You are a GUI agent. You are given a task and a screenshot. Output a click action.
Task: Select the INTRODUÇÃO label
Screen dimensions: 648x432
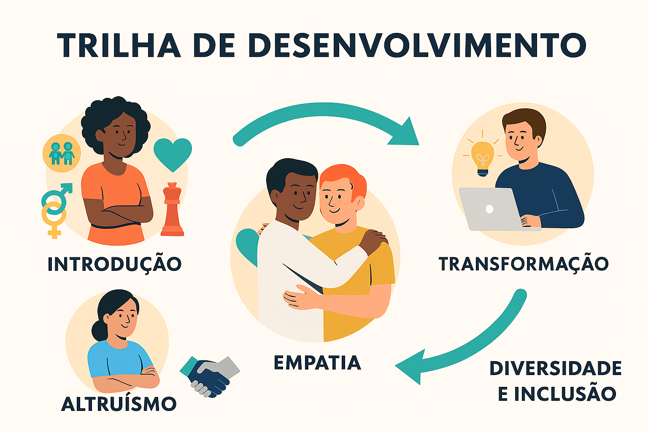tap(114, 265)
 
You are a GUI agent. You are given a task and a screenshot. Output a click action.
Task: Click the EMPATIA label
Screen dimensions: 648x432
tap(317, 363)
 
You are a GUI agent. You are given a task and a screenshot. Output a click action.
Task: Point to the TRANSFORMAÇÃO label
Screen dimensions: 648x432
tap(524, 265)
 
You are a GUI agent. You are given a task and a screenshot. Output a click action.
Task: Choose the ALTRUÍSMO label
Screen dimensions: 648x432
tap(119, 404)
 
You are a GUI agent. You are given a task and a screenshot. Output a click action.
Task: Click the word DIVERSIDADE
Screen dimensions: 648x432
tap(555, 368)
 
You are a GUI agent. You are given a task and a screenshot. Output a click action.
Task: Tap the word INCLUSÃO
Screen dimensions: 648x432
tap(565, 394)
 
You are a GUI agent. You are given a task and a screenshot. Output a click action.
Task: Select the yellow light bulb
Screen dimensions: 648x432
tap(482, 157)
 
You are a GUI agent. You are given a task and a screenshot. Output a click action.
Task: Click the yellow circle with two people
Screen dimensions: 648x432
tap(62, 153)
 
